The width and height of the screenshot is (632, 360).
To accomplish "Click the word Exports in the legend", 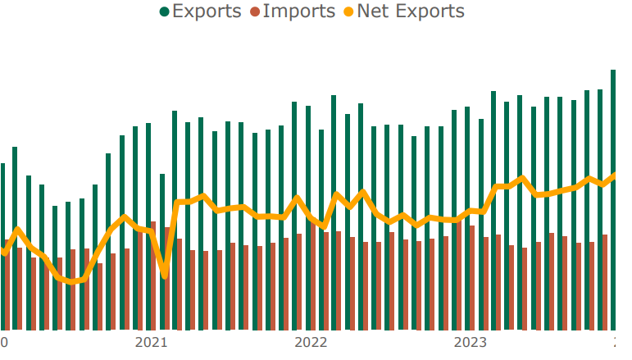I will [207, 11].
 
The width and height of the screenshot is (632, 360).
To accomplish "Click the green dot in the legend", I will [165, 12].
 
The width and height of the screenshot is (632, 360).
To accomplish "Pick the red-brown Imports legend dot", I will [256, 12].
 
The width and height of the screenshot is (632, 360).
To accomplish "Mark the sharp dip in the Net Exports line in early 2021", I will [164, 274].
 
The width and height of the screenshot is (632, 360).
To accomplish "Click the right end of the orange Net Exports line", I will [614, 175].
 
